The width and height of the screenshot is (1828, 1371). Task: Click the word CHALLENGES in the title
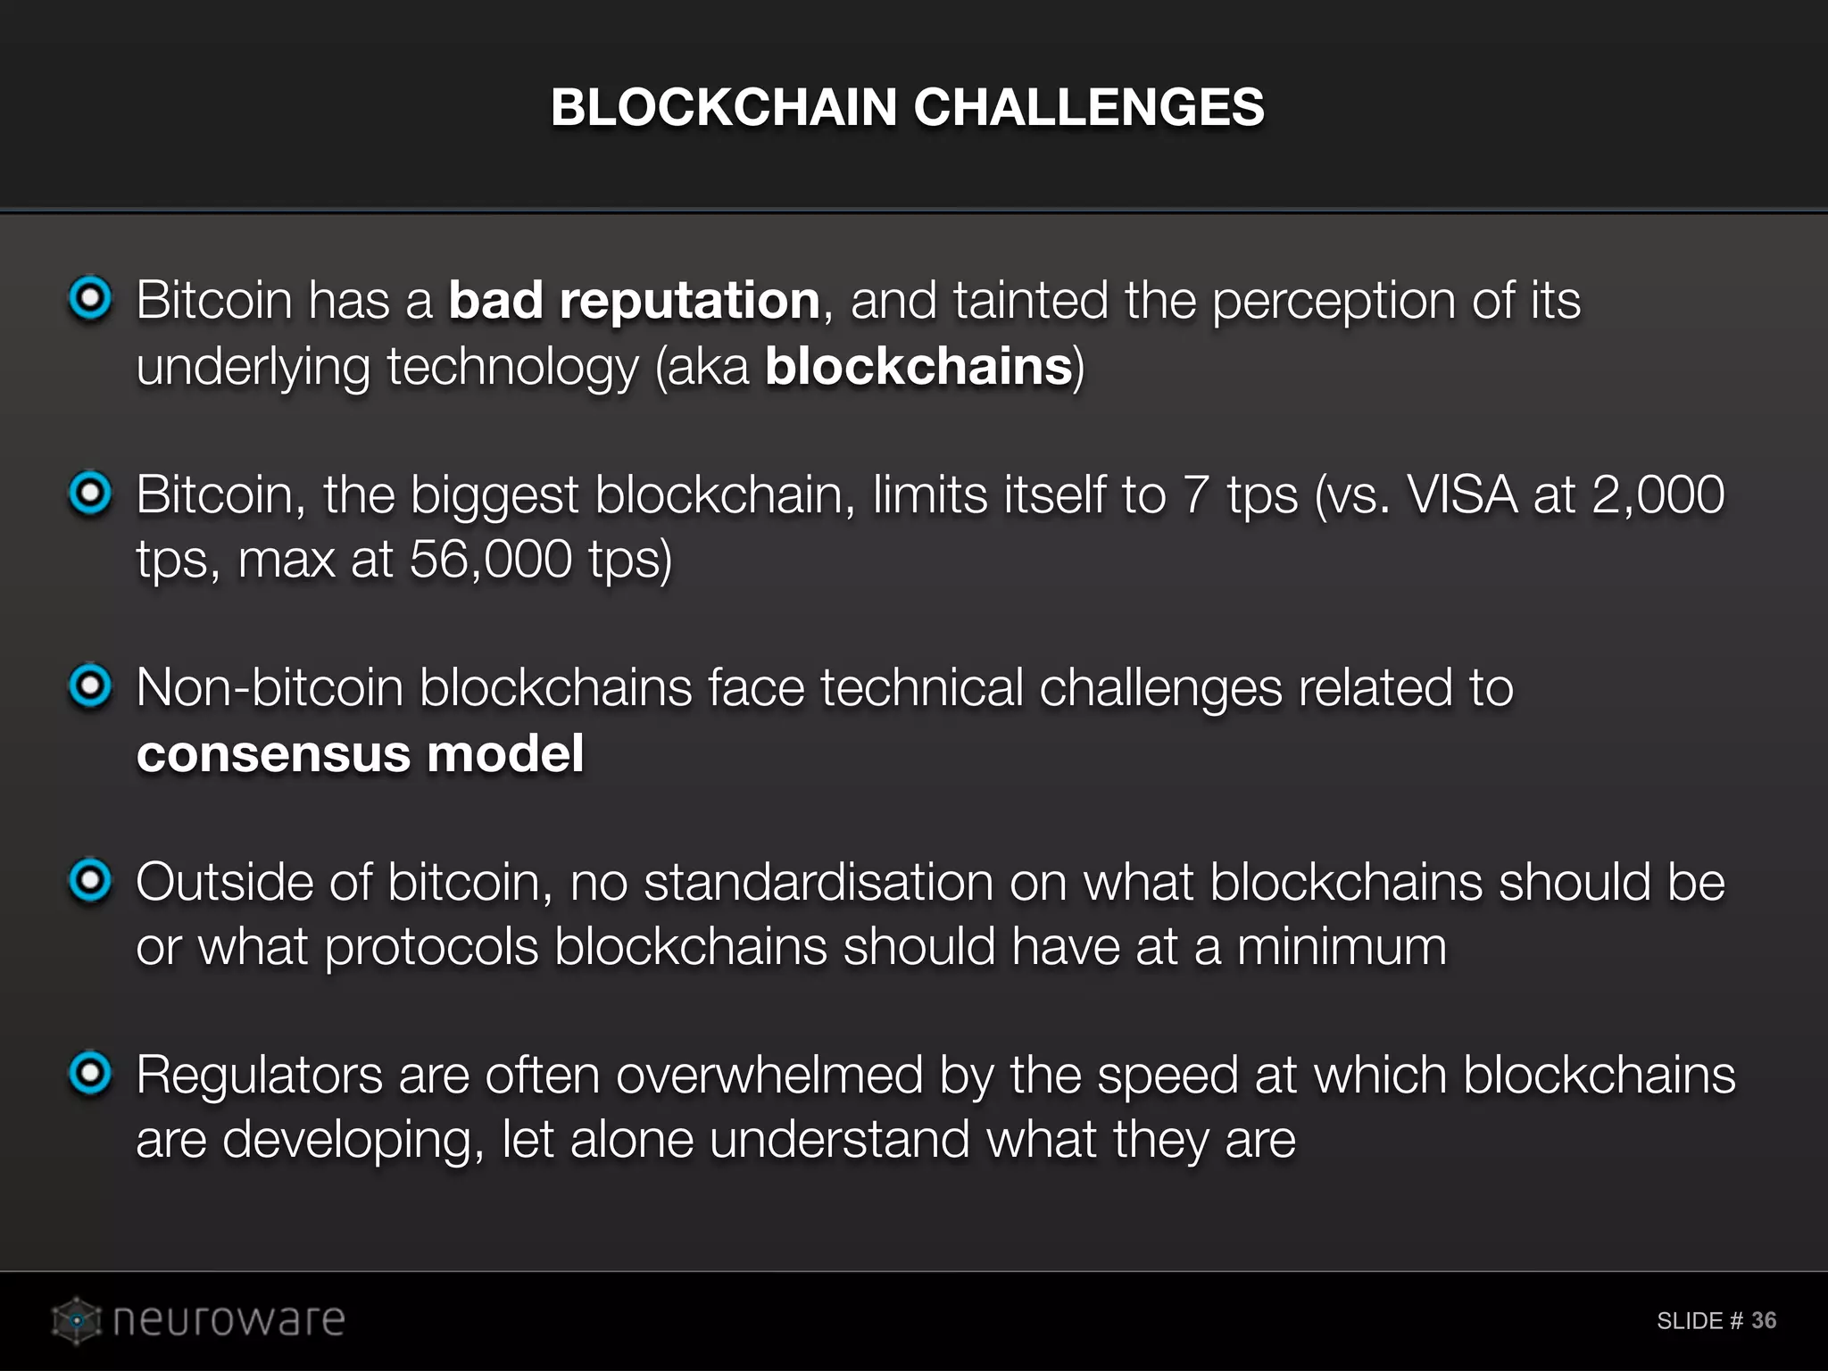[x=1088, y=107]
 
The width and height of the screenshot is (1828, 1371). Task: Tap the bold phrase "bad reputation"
[x=634, y=300]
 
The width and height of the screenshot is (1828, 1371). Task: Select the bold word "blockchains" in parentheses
[x=918, y=366]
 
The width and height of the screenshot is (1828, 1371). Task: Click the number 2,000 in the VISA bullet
[x=1658, y=494]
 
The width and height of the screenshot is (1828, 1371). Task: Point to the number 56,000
[x=491, y=560]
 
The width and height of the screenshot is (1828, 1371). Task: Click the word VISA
[x=1462, y=494]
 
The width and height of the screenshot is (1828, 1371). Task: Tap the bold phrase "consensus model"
[x=361, y=753]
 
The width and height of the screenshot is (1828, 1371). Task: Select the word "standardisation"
[x=818, y=882]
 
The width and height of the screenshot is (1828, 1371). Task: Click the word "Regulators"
[x=259, y=1075]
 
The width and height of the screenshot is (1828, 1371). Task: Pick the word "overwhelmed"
[x=769, y=1075]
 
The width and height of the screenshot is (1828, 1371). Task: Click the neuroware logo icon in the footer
[x=77, y=1320]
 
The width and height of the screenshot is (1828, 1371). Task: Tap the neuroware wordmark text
[x=228, y=1320]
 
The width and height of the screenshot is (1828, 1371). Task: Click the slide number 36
[x=1763, y=1320]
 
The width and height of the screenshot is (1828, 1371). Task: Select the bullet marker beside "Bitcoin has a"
[x=90, y=299]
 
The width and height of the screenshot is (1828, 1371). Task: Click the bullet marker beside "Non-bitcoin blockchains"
[x=90, y=687]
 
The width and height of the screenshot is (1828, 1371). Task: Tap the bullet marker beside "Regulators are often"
[x=90, y=1074]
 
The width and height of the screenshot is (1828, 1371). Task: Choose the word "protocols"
[x=431, y=948]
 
